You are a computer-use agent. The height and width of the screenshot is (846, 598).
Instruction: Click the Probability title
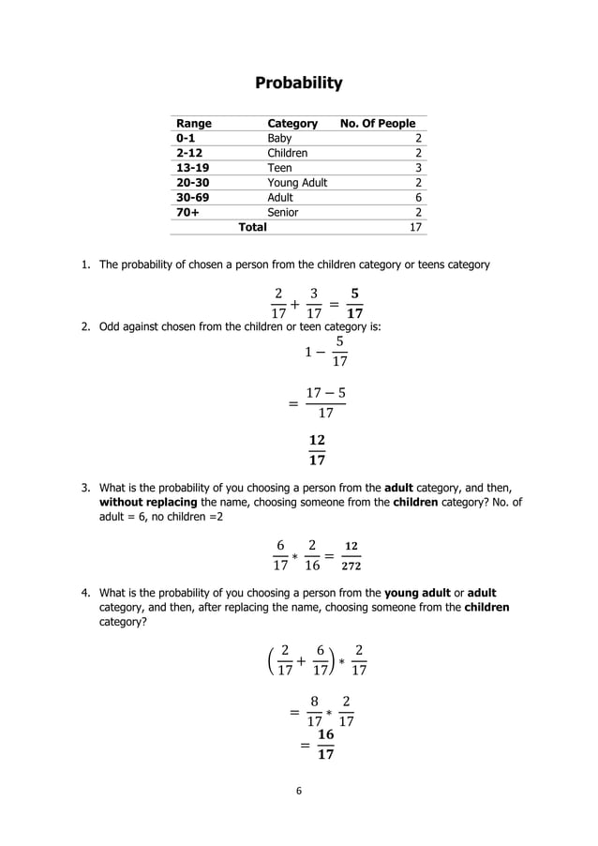click(299, 83)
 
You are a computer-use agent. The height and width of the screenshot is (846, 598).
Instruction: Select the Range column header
click(194, 124)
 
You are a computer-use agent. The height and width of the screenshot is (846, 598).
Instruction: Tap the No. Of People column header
click(378, 124)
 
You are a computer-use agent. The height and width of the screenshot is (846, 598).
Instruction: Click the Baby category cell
click(279, 138)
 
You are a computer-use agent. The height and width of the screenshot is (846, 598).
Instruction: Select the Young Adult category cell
click(297, 183)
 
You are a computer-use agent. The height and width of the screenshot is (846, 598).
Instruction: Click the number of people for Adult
click(418, 198)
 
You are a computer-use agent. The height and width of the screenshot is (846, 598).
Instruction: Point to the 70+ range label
click(187, 213)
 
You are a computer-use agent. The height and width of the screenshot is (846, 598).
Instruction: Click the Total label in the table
click(252, 227)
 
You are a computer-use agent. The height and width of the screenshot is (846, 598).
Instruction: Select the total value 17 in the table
click(415, 227)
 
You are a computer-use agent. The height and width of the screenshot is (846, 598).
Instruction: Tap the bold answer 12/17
click(317, 450)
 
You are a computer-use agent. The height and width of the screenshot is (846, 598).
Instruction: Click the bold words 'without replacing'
click(149, 502)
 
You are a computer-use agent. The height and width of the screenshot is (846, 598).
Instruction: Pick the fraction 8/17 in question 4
click(315, 712)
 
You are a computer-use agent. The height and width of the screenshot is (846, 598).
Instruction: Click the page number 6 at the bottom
click(299, 791)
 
